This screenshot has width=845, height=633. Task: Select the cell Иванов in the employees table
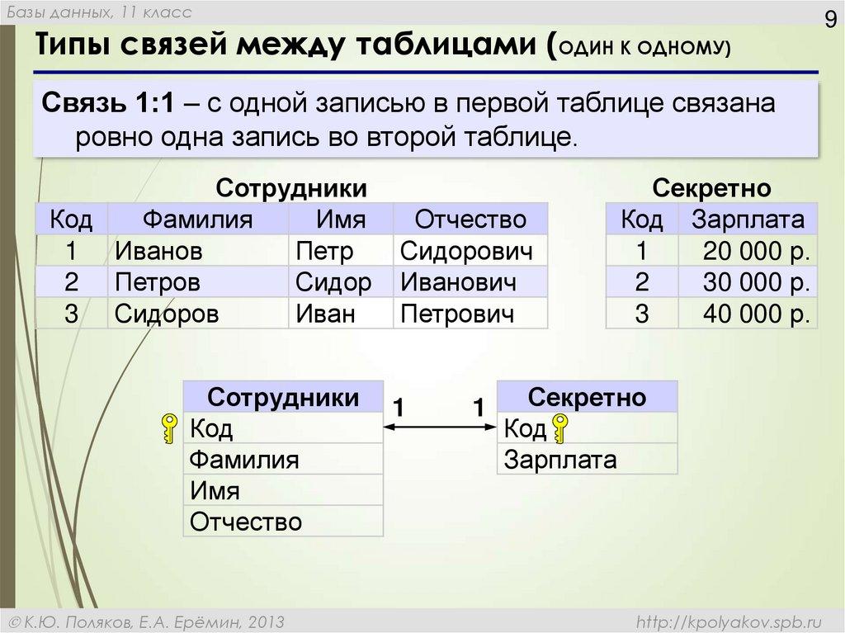[158, 251]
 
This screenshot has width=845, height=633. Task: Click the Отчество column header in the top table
[470, 220]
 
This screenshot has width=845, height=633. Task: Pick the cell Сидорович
[466, 251]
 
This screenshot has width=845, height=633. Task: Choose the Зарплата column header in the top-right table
[748, 220]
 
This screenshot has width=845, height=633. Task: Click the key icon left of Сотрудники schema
[169, 429]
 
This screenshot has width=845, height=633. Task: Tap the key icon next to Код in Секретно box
[560, 429]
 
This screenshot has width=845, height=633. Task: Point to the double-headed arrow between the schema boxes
[440, 427]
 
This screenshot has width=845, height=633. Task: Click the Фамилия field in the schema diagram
[244, 460]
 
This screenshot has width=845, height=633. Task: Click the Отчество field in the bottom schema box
[246, 522]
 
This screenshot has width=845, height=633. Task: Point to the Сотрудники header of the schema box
[283, 398]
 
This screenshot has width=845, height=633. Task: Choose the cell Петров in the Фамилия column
[158, 283]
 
